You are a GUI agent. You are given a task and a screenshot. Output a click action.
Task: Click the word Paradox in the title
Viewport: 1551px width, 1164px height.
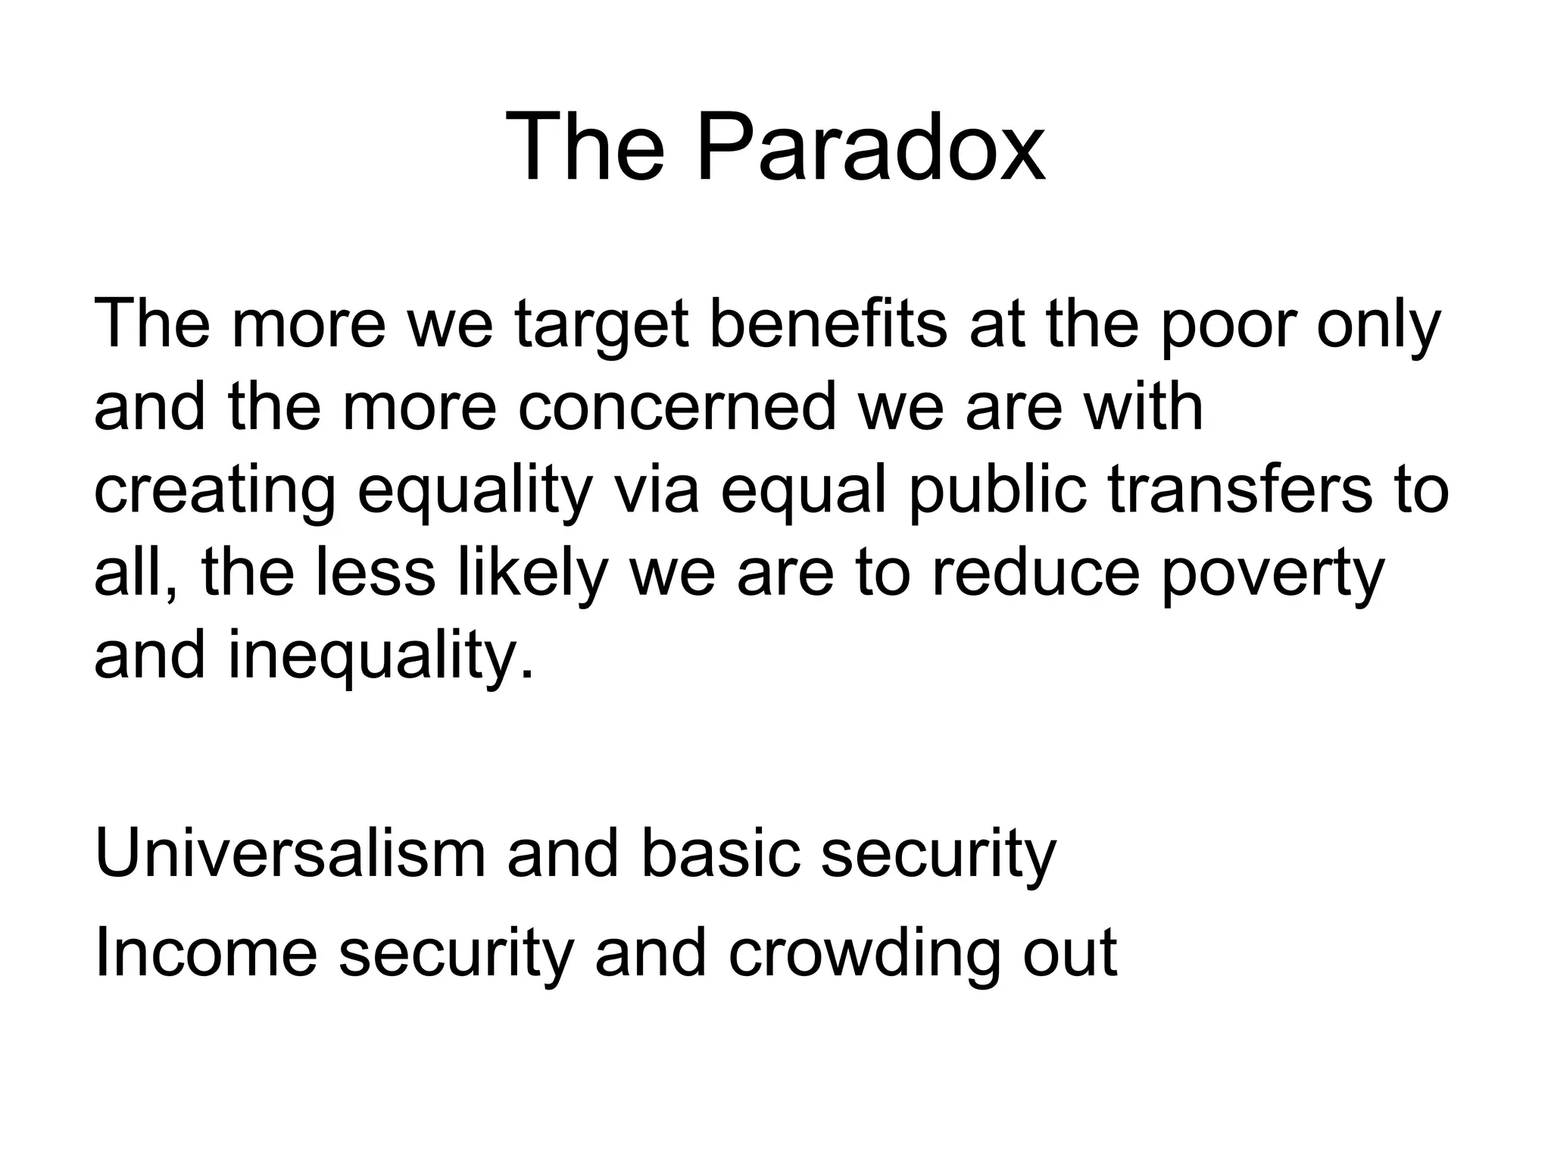(x=871, y=147)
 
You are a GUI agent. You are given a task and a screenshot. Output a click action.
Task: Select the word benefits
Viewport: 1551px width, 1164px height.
(x=828, y=324)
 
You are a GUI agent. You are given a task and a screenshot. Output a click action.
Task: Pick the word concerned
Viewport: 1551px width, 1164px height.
(x=678, y=407)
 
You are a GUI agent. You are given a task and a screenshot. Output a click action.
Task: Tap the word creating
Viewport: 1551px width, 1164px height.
(x=214, y=491)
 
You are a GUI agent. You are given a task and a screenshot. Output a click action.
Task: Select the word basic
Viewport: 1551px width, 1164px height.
(x=720, y=854)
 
